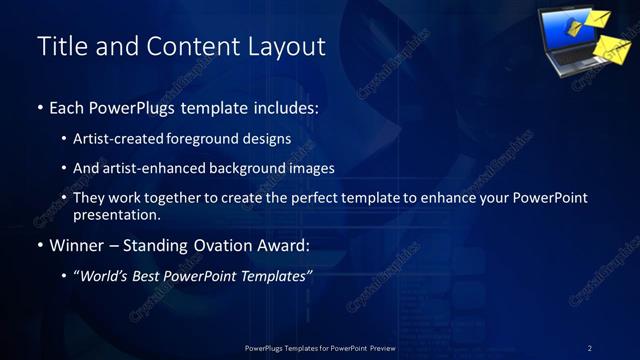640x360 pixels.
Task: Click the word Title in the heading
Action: coord(59,46)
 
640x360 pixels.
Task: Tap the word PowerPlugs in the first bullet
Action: coord(132,108)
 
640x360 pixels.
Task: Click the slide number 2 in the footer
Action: coord(589,348)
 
